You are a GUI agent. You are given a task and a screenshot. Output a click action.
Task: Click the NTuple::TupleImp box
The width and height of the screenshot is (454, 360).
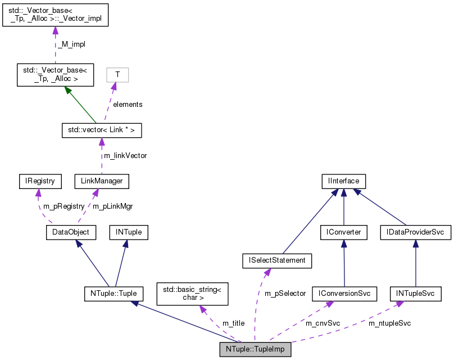[255, 349]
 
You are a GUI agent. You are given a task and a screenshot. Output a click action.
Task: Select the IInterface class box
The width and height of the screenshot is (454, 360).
[344, 181]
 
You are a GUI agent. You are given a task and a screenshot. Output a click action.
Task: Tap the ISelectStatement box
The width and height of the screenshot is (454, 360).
[274, 260]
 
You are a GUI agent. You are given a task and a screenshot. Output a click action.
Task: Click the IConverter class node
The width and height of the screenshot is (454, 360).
[344, 231]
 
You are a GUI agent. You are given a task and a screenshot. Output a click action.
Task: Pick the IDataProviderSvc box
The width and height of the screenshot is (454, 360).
[415, 231]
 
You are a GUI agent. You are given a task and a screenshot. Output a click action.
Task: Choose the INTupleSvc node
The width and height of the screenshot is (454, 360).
[415, 293]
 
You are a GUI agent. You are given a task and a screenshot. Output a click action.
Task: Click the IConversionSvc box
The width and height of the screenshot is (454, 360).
[344, 293]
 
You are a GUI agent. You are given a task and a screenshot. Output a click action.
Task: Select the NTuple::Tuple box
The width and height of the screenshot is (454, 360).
[113, 293]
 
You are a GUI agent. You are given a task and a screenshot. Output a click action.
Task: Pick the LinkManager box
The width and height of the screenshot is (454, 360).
[102, 181]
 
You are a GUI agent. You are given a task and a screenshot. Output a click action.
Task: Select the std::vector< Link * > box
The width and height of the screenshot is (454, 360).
[101, 130]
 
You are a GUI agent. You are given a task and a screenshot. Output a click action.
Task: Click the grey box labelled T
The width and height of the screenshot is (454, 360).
[117, 75]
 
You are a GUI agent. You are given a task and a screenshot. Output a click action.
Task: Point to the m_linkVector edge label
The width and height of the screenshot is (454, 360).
[125, 155]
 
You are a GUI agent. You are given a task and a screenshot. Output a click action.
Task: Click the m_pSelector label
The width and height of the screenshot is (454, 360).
[285, 293]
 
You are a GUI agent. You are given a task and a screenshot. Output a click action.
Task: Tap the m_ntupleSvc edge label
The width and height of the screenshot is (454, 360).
[389, 323]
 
